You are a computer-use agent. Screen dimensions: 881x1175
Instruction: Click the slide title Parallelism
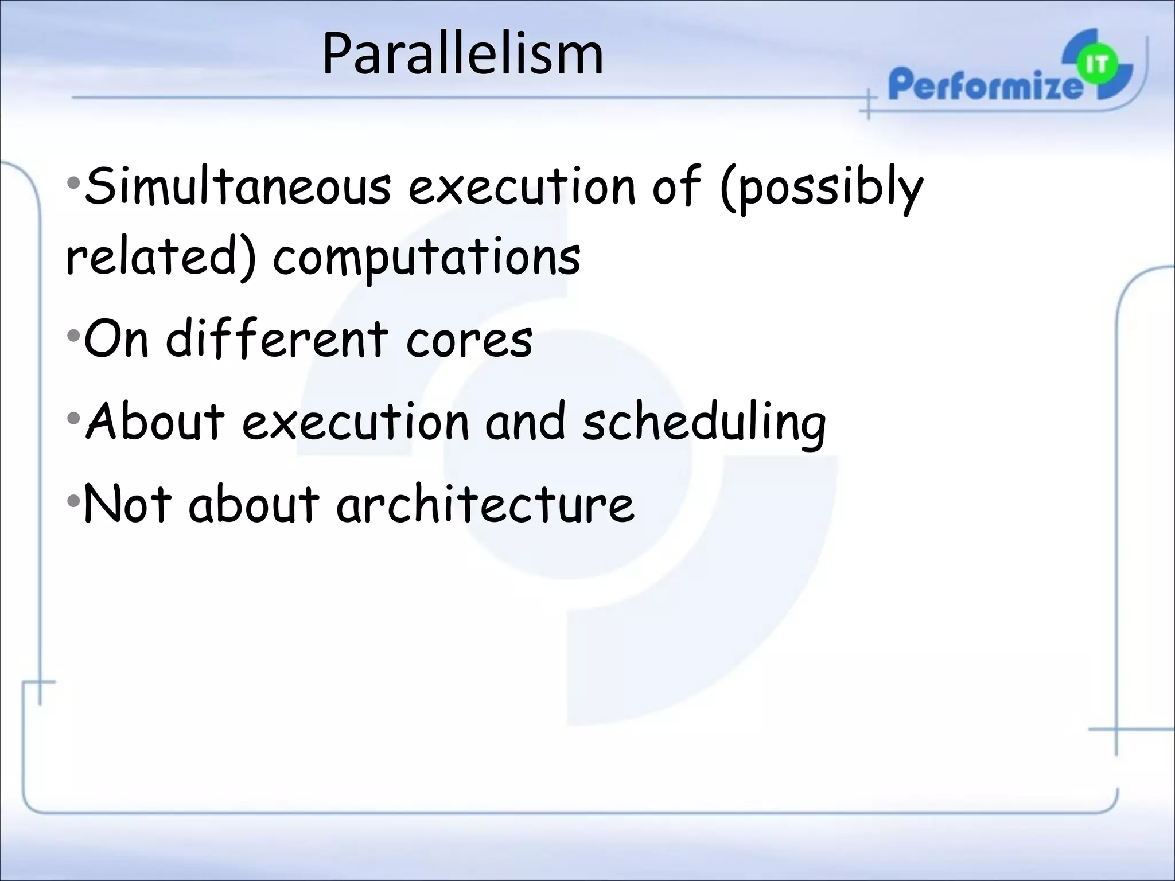pos(462,54)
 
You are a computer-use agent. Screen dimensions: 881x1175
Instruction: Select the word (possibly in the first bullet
pos(821,187)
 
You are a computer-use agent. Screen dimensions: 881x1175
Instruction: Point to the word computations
pos(426,258)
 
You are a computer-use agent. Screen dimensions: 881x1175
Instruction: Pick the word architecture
pos(485,504)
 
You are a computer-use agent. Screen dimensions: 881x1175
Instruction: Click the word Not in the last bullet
pos(127,504)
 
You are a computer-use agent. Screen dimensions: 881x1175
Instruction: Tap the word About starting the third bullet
pos(155,422)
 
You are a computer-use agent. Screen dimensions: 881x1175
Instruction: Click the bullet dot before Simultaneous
pos(73,184)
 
